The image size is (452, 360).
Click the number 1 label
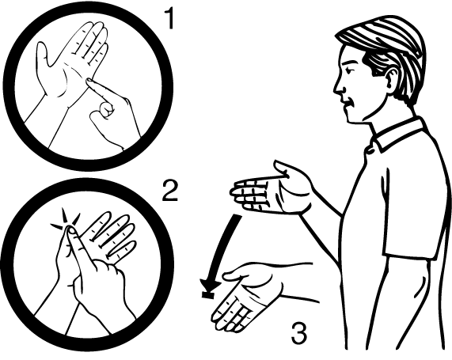pyautogui.click(x=169, y=18)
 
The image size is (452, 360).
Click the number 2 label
pyautogui.click(x=170, y=190)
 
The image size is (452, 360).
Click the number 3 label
pyautogui.click(x=299, y=333)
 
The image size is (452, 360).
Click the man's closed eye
pyautogui.click(x=351, y=70)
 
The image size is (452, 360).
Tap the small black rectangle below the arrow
pyautogui.click(x=208, y=295)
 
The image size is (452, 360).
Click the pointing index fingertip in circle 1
pyautogui.click(x=89, y=81)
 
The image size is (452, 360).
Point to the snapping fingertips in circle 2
pyautogui.click(x=69, y=229)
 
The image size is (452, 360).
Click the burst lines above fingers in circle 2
pyautogui.click(x=66, y=219)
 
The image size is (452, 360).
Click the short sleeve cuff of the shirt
pyautogui.click(x=409, y=256)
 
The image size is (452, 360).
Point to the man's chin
pyautogui.click(x=352, y=118)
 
